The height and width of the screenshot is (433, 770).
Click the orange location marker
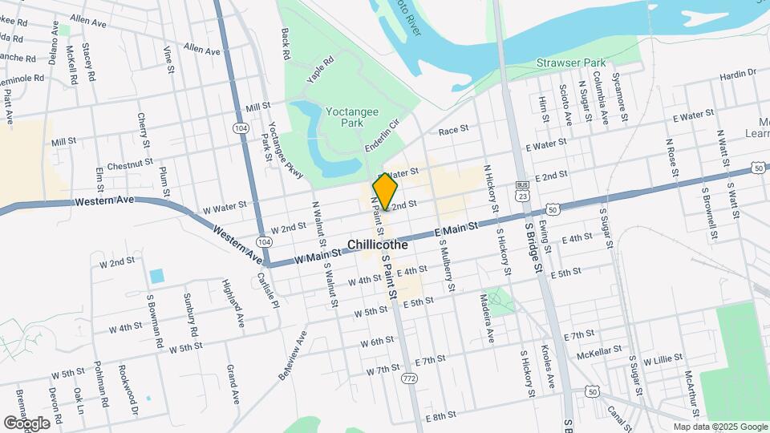click(385, 192)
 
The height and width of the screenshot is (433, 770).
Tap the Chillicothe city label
click(378, 245)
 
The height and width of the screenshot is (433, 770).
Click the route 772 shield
click(411, 378)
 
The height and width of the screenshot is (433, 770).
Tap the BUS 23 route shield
click(522, 190)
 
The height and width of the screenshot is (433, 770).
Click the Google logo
click(26, 423)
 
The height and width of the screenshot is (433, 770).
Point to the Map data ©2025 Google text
click(719, 427)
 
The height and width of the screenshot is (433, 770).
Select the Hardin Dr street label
click(738, 74)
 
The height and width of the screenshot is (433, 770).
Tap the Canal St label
click(617, 415)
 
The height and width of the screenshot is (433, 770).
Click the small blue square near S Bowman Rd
click(156, 276)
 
